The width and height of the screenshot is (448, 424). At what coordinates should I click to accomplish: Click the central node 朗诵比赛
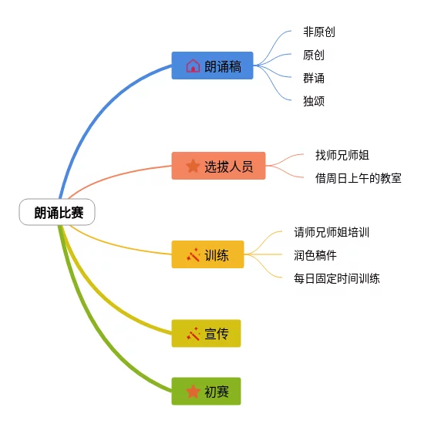57,212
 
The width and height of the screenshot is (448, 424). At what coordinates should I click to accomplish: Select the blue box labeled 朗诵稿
212,66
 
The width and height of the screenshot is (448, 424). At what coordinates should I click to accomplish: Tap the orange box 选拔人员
218,166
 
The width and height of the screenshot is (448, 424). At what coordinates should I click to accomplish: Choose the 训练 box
207,254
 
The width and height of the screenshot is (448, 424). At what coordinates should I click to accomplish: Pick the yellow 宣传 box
206,333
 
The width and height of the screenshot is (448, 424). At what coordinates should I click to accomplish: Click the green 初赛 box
206,391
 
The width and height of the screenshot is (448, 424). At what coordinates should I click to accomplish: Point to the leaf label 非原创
319,32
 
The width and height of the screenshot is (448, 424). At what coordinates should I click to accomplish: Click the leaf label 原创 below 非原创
314,55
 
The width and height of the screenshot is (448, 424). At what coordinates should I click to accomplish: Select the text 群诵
314,78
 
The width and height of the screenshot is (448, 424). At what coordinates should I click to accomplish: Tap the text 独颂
314,101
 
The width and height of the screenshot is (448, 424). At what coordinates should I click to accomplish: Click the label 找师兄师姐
342,155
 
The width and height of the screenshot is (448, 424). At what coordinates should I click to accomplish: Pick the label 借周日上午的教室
359,178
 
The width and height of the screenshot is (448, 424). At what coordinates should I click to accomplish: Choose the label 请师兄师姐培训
332,232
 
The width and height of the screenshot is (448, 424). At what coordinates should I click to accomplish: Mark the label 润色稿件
315,255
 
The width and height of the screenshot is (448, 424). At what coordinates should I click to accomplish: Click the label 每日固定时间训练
337,278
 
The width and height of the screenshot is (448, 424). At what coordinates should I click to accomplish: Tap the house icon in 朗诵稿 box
193,66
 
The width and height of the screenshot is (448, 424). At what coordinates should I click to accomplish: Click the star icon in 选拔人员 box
193,166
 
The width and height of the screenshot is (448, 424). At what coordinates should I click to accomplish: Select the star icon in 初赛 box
193,391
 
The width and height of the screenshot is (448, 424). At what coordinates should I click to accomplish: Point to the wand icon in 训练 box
193,254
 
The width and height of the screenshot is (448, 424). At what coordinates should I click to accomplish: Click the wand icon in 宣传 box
193,334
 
